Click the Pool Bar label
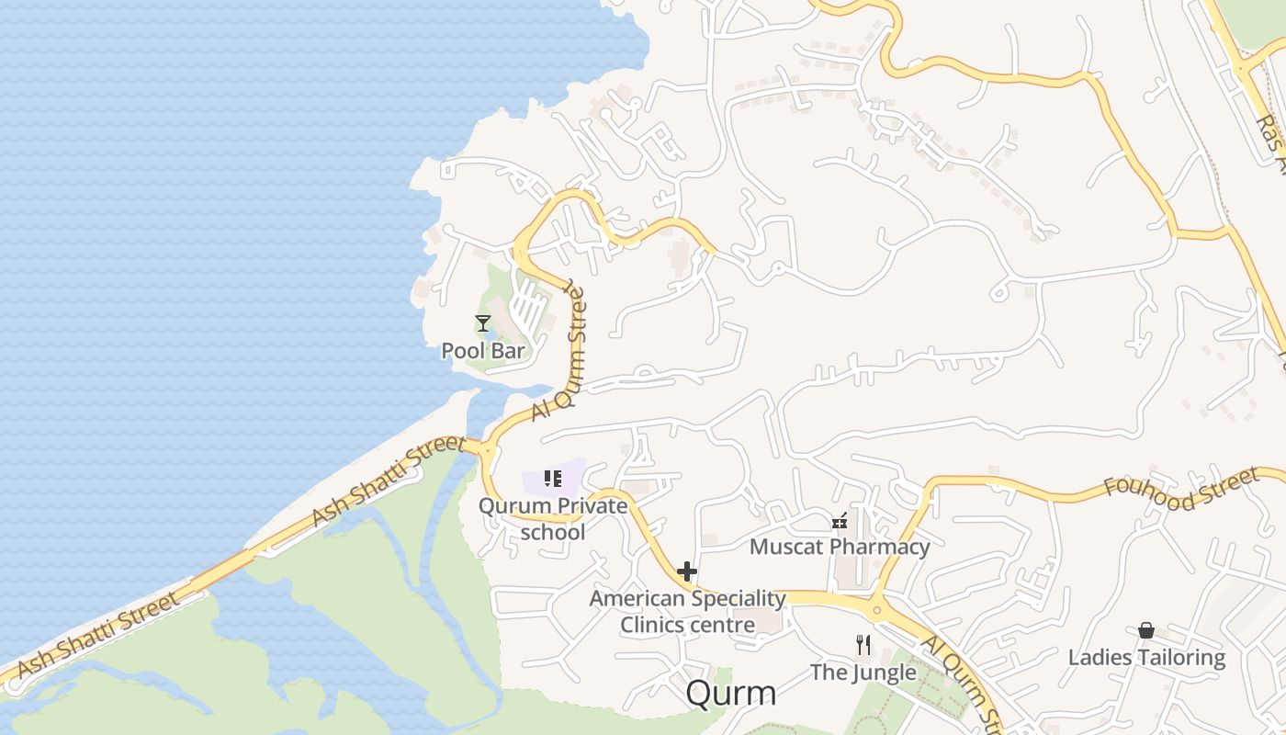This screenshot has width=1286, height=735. tap(483, 350)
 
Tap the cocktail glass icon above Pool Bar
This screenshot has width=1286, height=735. tap(483, 322)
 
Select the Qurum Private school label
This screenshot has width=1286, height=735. tap(553, 518)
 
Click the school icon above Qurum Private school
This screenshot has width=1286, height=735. tap(552, 478)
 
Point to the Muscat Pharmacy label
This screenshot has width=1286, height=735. tap(840, 547)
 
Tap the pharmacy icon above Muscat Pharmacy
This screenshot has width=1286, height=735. tap(839, 522)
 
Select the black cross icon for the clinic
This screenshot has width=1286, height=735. tap(686, 571)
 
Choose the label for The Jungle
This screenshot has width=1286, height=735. tap(863, 673)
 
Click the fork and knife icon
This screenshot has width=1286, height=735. tap(863, 645)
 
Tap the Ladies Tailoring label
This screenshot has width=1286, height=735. tap(1146, 657)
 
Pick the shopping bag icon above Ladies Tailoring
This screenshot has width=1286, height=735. tap(1146, 630)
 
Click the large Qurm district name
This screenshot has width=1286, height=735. tap(731, 694)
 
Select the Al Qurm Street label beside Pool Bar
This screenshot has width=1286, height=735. tap(559, 352)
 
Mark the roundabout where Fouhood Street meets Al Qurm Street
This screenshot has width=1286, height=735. tap(876, 609)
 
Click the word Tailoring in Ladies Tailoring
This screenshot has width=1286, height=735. tap(1179, 657)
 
